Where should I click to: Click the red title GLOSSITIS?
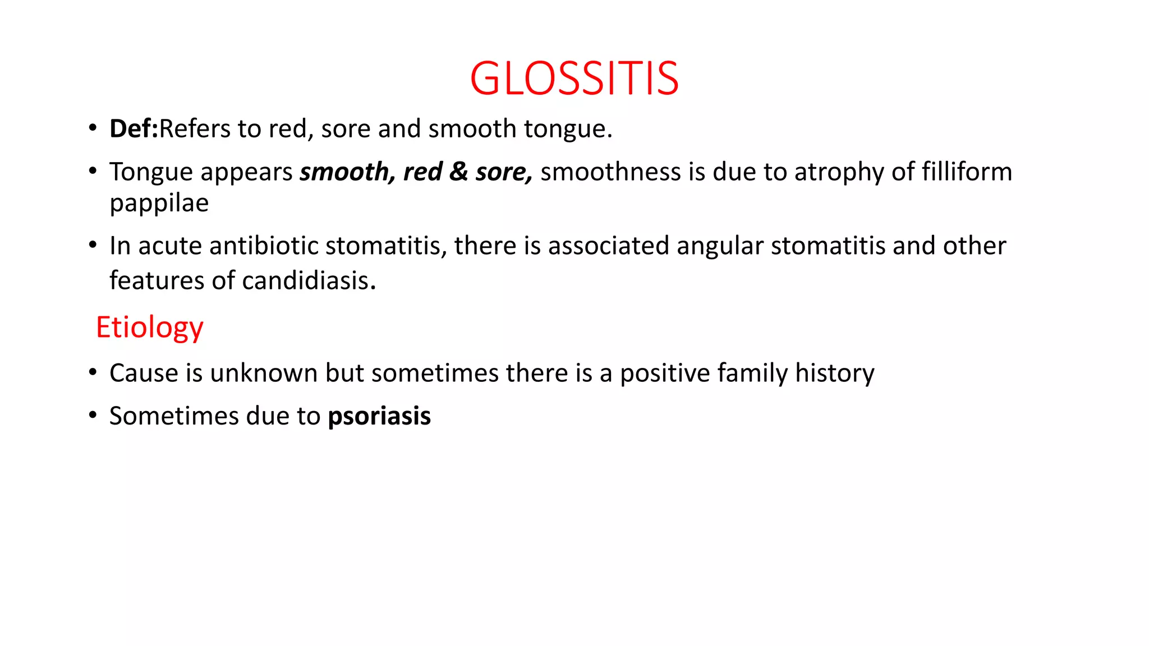[x=574, y=79]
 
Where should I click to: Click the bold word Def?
[x=134, y=129]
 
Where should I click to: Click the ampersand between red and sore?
[x=458, y=172]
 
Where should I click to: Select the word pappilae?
[x=159, y=204]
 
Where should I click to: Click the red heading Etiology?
[x=149, y=327]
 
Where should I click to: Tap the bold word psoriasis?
[x=379, y=417]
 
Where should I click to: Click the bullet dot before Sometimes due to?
[x=93, y=416]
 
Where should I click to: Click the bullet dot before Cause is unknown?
[x=93, y=372]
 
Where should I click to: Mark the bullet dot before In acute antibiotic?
[x=93, y=245]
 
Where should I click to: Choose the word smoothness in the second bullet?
[x=610, y=172]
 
